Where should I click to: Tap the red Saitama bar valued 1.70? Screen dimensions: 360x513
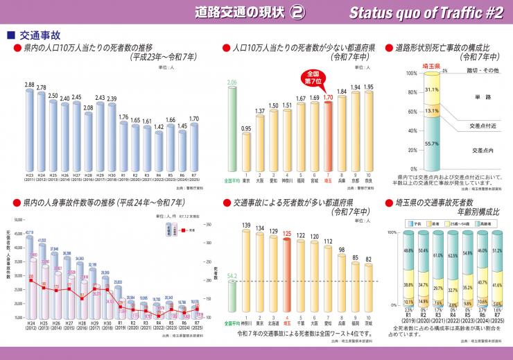[328, 135]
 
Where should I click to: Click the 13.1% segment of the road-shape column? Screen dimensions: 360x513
[432, 110]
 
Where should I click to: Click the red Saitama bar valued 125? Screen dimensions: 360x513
[287, 276]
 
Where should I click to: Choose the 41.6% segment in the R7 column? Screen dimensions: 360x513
[496, 284]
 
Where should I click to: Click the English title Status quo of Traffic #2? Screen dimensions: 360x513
[426, 11]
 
